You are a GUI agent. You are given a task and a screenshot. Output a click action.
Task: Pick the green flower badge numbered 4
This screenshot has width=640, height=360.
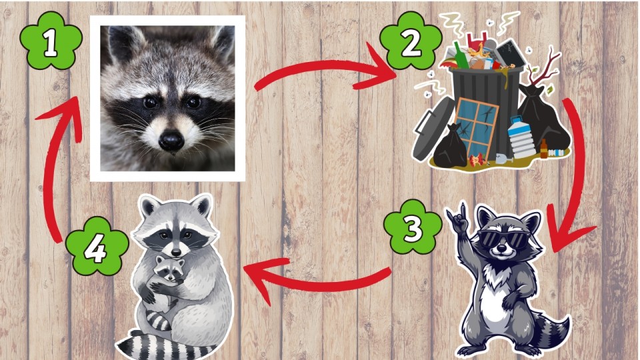click(x=97, y=247)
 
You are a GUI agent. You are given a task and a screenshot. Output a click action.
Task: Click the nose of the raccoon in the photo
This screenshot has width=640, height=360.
click(x=171, y=140)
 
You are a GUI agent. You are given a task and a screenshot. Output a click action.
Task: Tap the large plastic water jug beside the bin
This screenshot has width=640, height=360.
click(x=521, y=137)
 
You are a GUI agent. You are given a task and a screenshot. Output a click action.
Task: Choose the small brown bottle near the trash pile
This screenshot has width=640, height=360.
click(x=544, y=149)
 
